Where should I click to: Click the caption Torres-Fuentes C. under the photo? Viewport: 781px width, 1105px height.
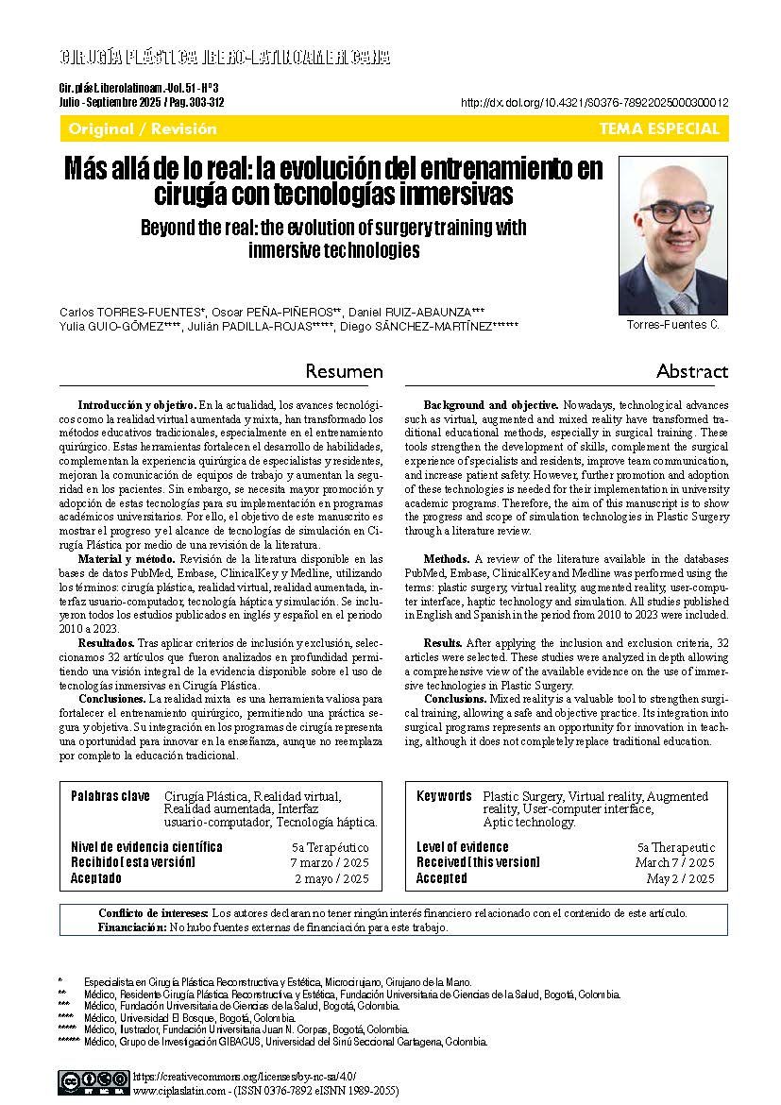pos(672,325)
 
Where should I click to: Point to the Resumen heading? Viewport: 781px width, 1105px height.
pos(345,372)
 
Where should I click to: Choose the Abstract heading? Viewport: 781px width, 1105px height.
pos(692,372)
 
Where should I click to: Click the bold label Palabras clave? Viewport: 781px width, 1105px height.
pos(110,796)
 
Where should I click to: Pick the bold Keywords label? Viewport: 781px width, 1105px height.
pos(444,796)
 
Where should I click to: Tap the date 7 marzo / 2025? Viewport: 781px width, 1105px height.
pos(329,863)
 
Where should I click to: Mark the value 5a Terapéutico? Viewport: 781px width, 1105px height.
pos(331,848)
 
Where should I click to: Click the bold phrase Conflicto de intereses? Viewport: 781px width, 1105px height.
pos(153,913)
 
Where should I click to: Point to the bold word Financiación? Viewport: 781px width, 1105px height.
pos(131,927)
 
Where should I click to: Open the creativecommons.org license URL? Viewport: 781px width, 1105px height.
pos(246,1076)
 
